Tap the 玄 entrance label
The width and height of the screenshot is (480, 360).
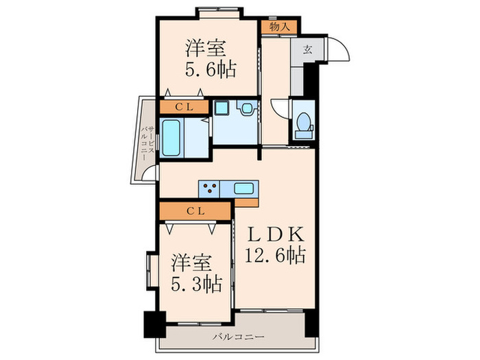309,49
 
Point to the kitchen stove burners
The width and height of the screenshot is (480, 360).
210,187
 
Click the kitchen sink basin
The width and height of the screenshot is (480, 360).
244,187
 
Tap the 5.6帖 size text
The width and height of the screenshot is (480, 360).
211,70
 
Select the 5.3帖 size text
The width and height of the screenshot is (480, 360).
196,283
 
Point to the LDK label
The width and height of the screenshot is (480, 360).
275,232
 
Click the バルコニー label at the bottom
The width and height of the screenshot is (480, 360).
237,336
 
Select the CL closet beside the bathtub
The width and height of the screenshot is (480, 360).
184,106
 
